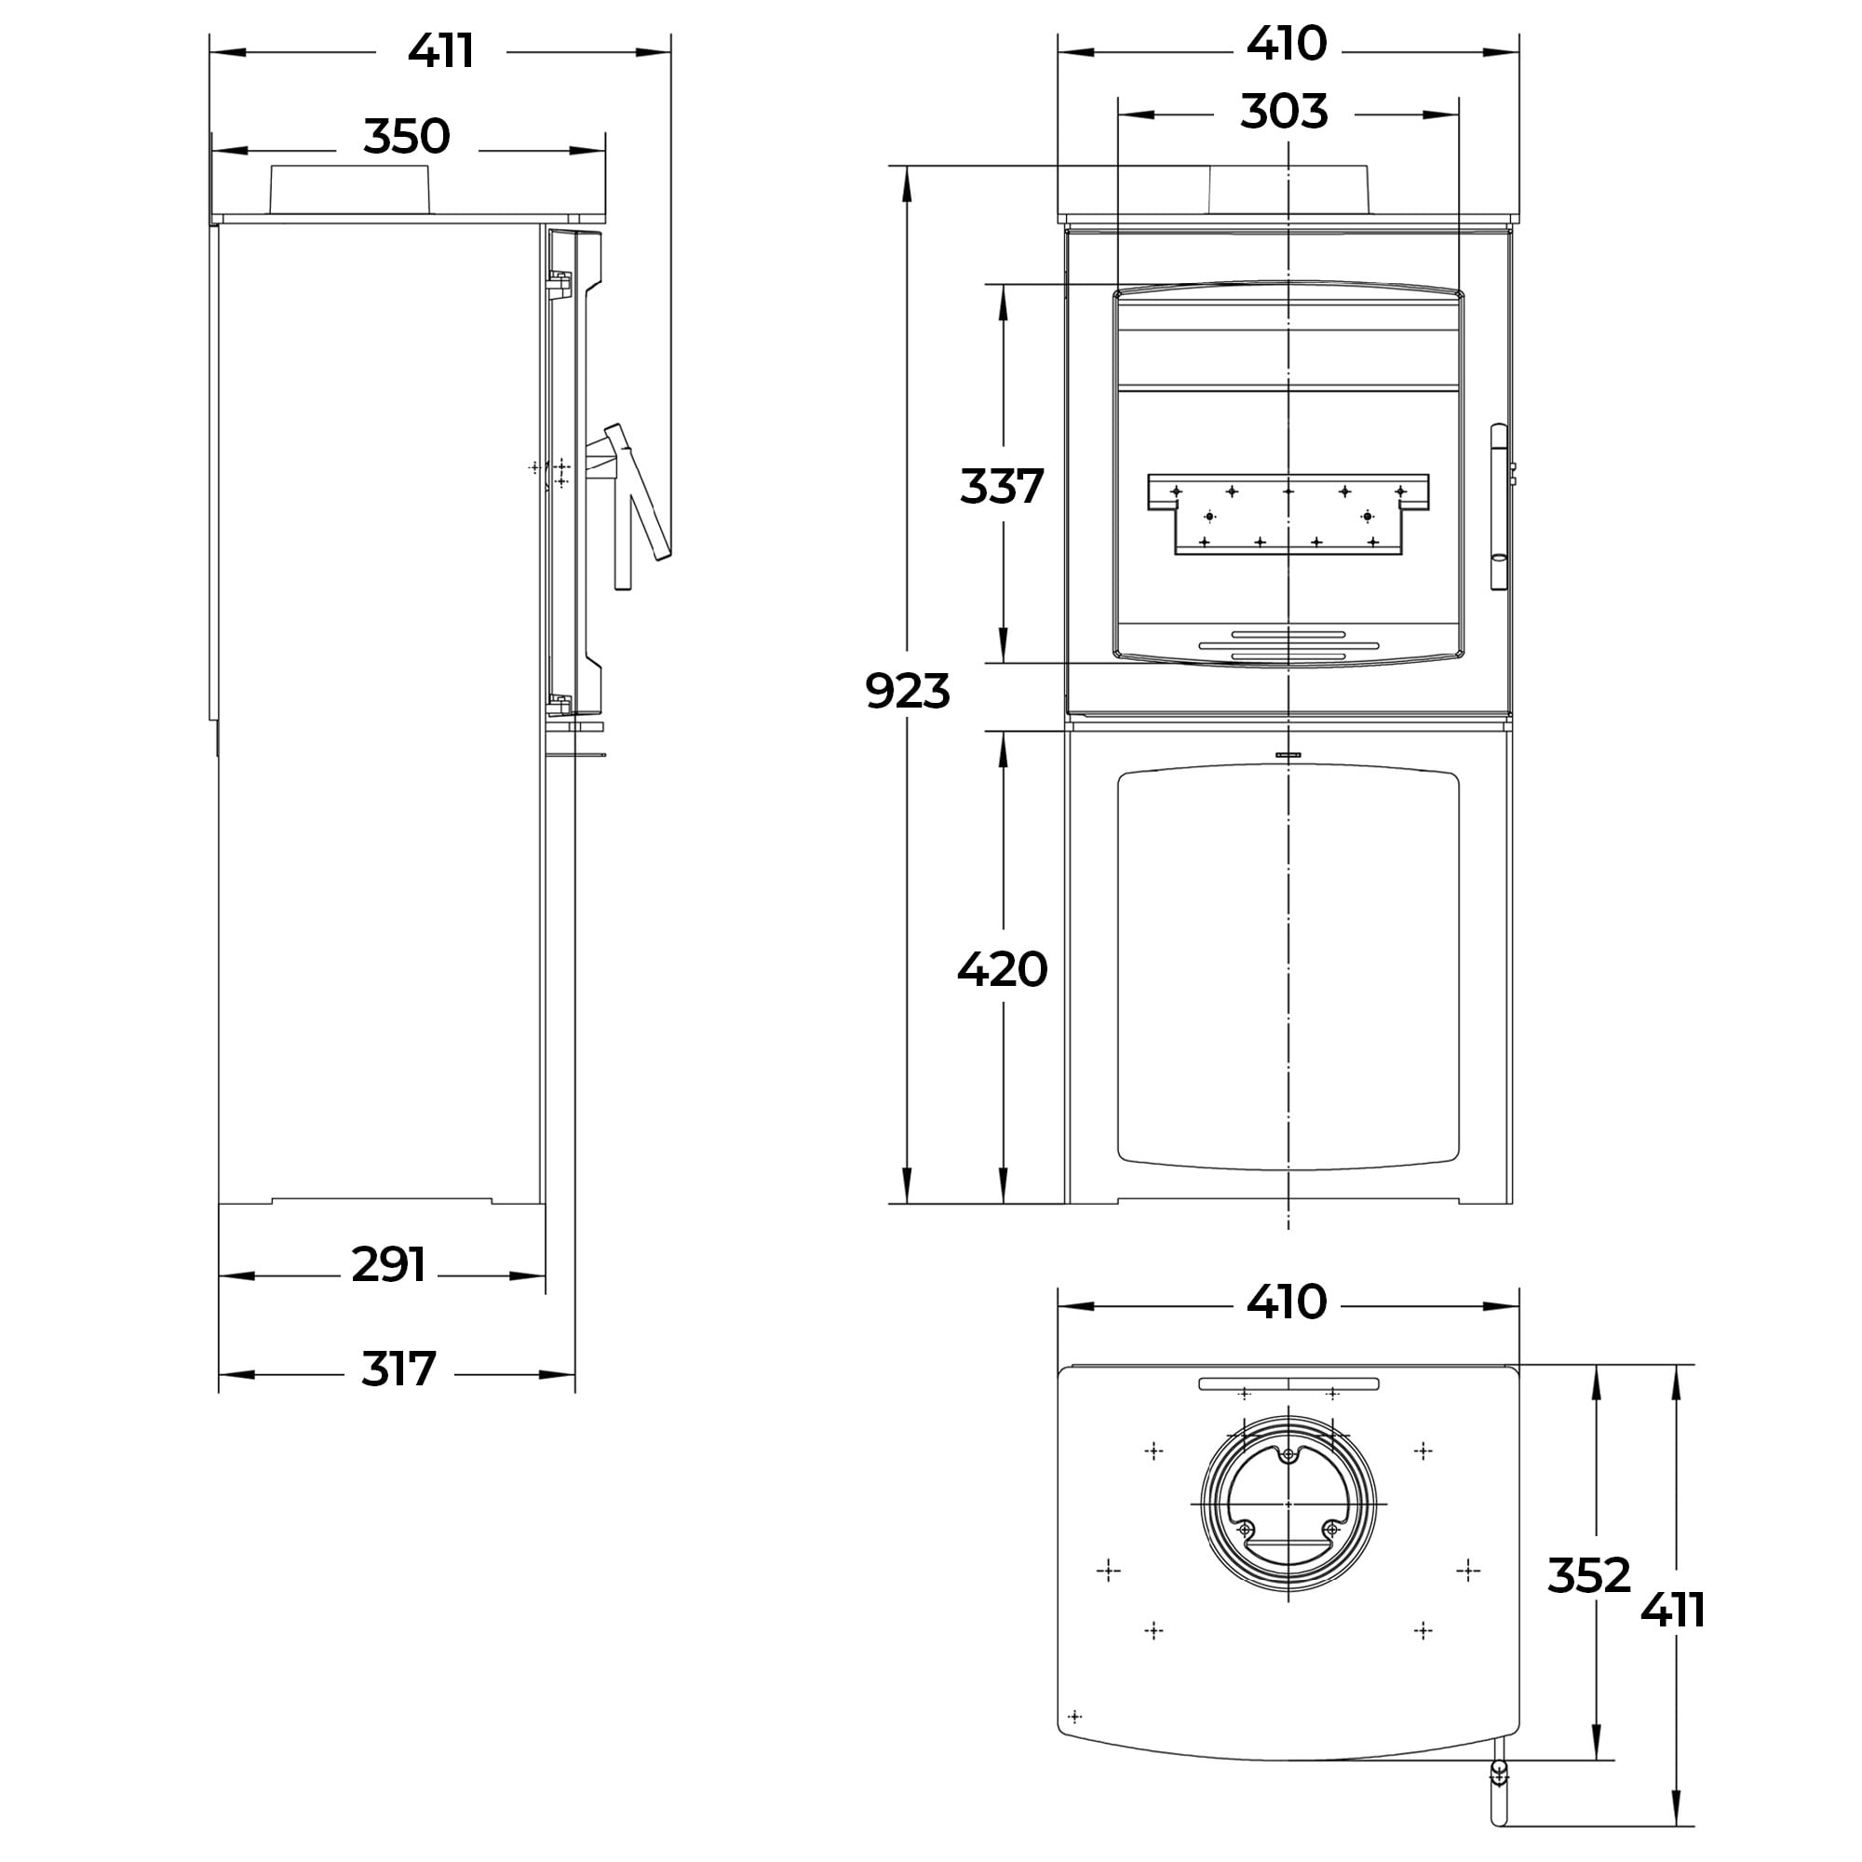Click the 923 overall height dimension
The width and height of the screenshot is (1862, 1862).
[x=907, y=691]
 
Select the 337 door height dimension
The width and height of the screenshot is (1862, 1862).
[x=1002, y=486]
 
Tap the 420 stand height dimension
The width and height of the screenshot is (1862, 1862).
[x=1002, y=968]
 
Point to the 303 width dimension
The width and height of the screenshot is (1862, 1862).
[x=1284, y=112]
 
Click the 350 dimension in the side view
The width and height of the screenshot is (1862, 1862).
[x=407, y=137]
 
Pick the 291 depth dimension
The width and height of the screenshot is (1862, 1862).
[x=388, y=1264]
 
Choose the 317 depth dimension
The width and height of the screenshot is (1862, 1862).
[x=399, y=1369]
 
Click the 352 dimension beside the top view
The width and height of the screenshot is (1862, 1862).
[x=1588, y=1576]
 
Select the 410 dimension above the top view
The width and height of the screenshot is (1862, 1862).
[x=1287, y=1302]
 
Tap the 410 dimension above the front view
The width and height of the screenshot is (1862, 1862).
[x=1287, y=45]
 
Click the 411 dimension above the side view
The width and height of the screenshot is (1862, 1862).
[x=440, y=51]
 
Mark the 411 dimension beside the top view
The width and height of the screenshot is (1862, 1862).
[x=1673, y=1610]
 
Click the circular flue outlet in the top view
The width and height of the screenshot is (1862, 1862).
[x=1289, y=1504]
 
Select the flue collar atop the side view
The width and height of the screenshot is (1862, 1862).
[x=349, y=189]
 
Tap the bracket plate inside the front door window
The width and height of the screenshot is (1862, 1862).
[x=1288, y=514]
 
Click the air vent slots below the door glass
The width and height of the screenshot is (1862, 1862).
[x=1289, y=646]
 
